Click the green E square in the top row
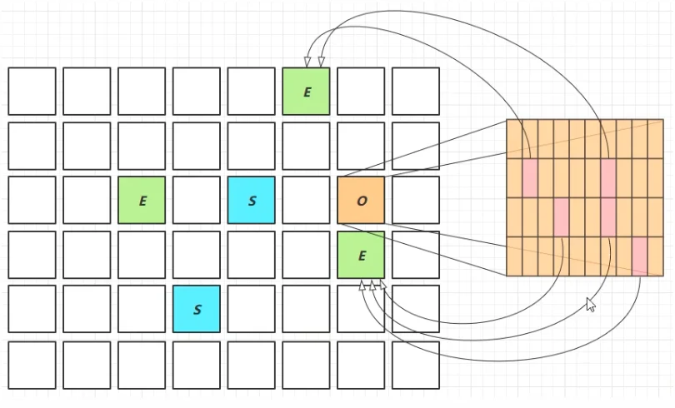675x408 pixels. [306, 91]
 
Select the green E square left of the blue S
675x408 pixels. [142, 200]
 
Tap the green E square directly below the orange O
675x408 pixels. [361, 255]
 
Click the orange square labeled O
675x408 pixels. [361, 200]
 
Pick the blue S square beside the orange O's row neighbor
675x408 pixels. [252, 200]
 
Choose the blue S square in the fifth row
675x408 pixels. [197, 309]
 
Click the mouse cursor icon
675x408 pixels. [591, 305]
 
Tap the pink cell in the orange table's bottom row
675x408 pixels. [640, 256]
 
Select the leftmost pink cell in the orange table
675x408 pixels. [530, 178]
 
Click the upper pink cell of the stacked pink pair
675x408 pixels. [608, 178]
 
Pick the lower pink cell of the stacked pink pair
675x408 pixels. [608, 217]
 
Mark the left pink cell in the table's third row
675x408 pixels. [562, 217]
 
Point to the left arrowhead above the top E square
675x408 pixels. [307, 62]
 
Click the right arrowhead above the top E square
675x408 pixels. [321, 62]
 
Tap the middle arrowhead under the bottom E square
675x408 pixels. [372, 285]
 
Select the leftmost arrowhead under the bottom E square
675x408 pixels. [362, 285]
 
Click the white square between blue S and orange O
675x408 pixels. [306, 200]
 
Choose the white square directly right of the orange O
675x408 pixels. [416, 200]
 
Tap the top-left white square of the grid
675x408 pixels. [32, 91]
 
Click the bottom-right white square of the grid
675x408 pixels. [416, 365]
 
